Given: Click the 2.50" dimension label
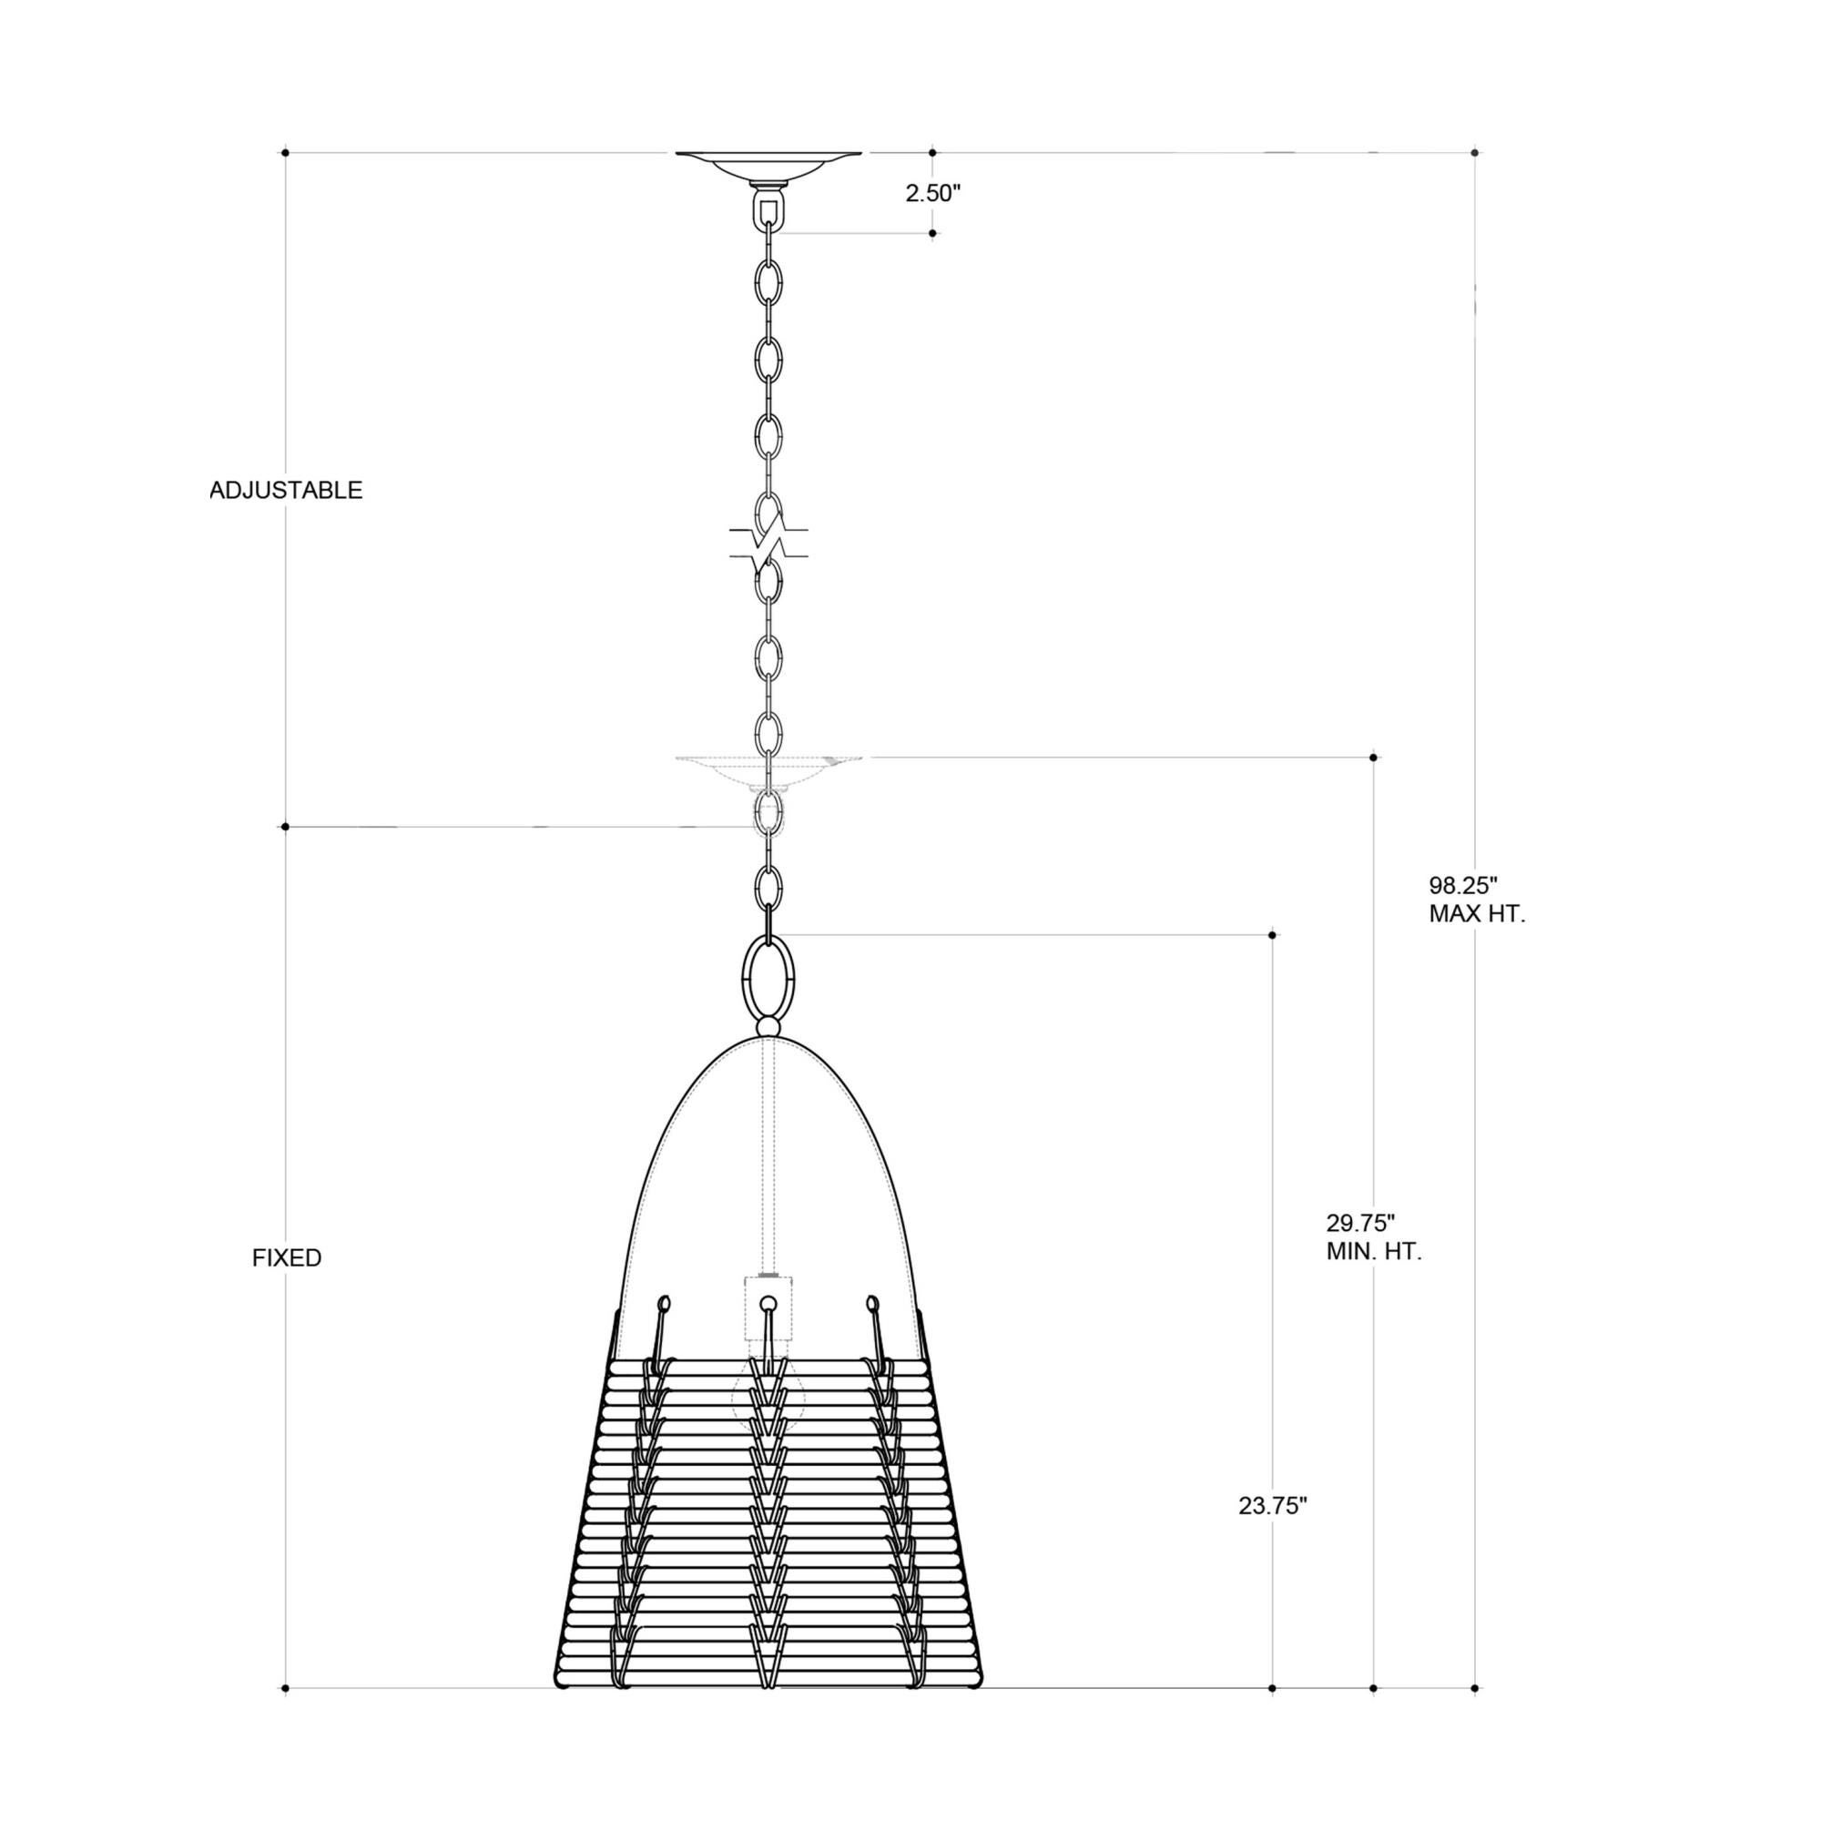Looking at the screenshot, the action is pos(932,193).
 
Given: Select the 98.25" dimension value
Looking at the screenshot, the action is pos(1463,885).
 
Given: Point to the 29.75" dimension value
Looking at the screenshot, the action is pos(1360,1224).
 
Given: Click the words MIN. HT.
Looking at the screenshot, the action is pos(1373,1252).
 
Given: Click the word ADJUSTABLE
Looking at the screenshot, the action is pos(286,490).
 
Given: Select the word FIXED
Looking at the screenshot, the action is pos(287,1258).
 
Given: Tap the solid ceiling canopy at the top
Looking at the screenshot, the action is pos(768,166).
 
